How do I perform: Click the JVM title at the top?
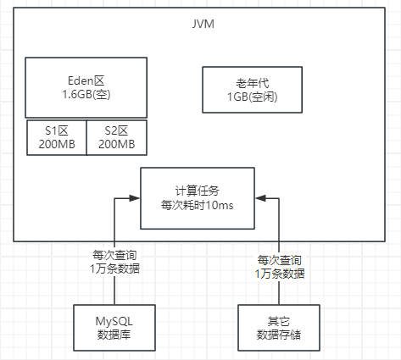[203, 23]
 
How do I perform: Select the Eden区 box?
[86, 87]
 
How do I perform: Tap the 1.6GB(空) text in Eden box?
[86, 96]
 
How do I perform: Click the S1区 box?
[56, 137]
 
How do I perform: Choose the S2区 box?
[117, 137]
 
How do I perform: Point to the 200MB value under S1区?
[56, 145]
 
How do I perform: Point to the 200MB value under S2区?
[117, 145]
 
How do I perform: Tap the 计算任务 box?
[197, 197]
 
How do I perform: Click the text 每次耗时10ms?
[197, 205]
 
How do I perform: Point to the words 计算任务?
[197, 190]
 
